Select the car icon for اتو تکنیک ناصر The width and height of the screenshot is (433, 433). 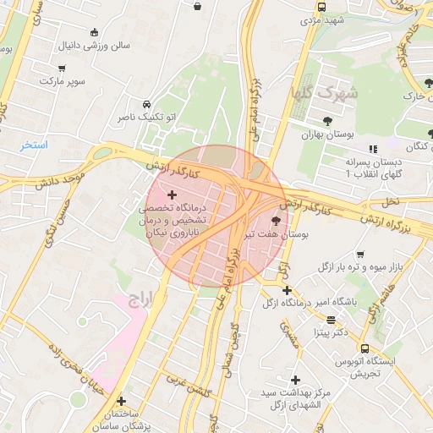pos(147,101)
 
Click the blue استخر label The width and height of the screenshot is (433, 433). pos(35,145)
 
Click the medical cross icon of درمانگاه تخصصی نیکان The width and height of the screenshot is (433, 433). pos(173,195)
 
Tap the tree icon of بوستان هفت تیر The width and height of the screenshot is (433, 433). pos(276,220)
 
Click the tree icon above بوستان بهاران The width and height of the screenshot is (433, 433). pos(327,121)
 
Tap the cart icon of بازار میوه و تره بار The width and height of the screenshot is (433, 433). pos(360,254)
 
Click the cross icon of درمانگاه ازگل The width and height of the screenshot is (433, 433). pos(287,290)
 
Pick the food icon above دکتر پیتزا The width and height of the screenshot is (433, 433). pos(330,320)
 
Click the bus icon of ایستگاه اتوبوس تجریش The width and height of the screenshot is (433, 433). pos(364,348)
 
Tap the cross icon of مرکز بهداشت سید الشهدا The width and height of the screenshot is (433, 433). pos(295,381)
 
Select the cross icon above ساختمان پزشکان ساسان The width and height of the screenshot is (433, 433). pos(121,401)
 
